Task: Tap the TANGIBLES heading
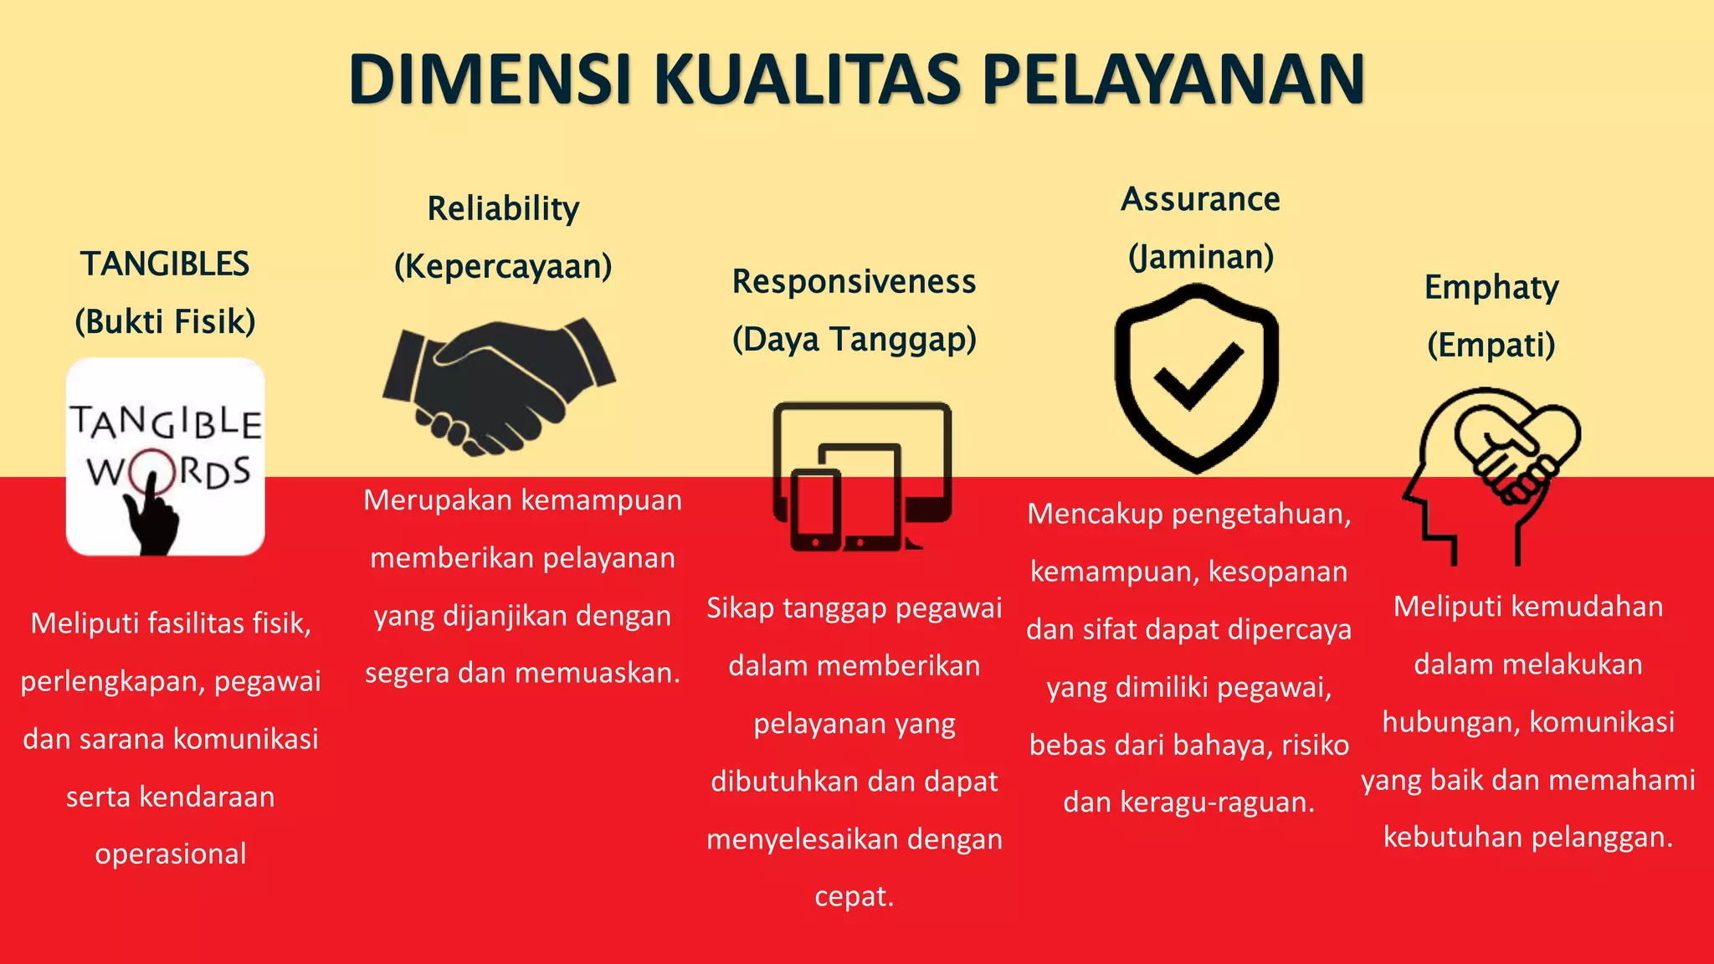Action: click(165, 264)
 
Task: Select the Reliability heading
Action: click(503, 208)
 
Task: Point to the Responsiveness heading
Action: click(854, 282)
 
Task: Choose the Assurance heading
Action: click(1200, 199)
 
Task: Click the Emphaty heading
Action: click(1491, 287)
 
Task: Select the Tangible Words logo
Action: click(166, 457)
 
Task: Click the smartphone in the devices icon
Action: click(815, 510)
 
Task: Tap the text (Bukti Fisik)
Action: click(165, 321)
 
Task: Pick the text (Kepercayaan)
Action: click(503, 266)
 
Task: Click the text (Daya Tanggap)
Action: click(854, 339)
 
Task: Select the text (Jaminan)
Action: click(1200, 256)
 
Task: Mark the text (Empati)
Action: click(1491, 345)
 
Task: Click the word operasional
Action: click(171, 854)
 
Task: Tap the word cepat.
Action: click(854, 896)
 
